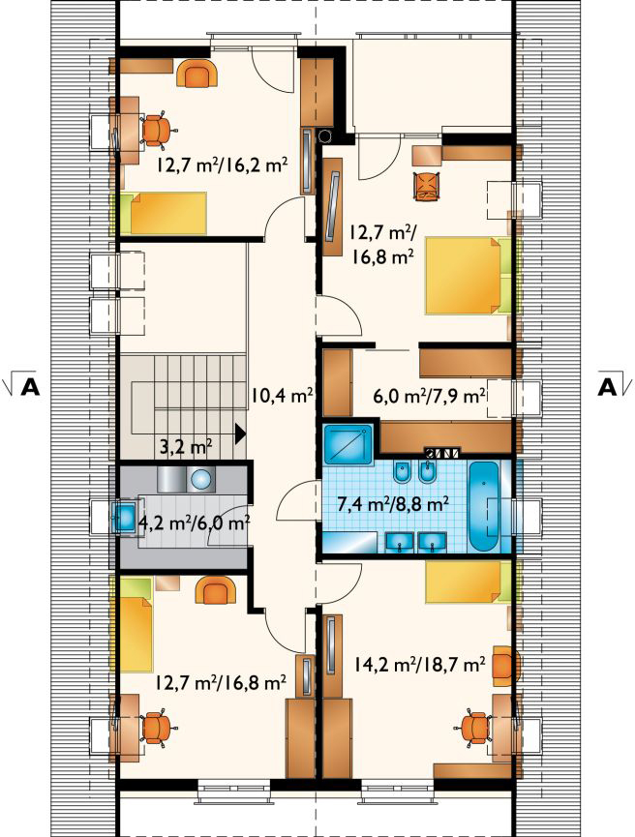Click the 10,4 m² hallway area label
point(282,396)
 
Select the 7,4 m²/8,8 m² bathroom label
point(393,503)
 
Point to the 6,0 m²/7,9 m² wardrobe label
point(429,397)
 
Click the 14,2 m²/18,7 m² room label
point(419,664)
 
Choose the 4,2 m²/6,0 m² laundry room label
point(194,523)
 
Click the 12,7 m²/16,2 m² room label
point(223,164)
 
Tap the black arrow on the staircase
point(241,433)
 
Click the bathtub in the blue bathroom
point(484,507)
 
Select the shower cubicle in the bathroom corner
point(348,444)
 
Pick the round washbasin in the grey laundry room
point(201,479)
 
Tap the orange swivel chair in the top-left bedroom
point(157,130)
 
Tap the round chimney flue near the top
point(324,136)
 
